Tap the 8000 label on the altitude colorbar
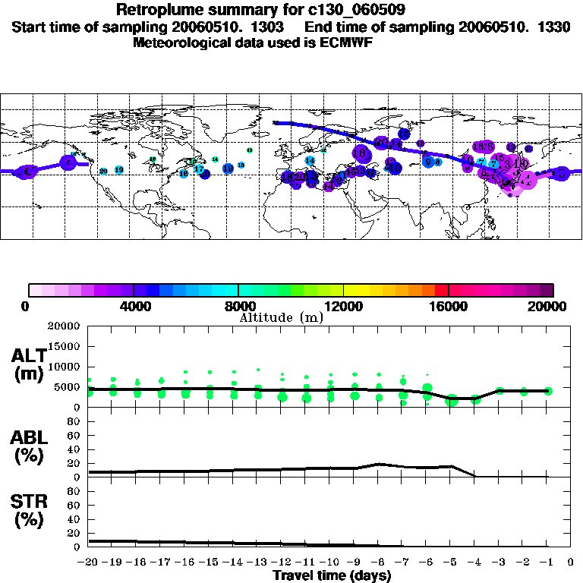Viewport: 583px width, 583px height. [x=238, y=307]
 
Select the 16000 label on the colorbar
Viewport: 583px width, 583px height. [x=449, y=307]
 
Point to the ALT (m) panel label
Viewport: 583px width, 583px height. [x=29, y=364]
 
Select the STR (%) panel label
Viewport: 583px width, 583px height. [x=29, y=511]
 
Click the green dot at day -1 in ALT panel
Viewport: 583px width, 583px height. [x=548, y=391]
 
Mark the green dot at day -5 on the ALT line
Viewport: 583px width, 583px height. [x=451, y=400]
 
